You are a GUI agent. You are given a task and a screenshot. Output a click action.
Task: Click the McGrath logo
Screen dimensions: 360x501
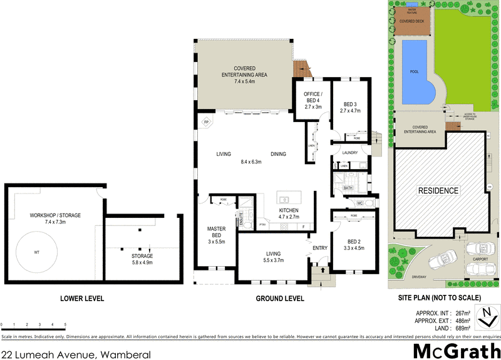(457, 349)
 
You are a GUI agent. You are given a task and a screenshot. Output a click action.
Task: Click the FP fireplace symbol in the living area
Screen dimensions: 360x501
(205, 122)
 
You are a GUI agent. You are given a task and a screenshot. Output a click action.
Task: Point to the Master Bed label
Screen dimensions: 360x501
(216, 233)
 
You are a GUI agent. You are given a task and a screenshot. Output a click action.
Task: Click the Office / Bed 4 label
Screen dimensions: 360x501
(312, 100)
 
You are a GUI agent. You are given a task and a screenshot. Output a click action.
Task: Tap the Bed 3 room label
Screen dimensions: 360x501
(350, 107)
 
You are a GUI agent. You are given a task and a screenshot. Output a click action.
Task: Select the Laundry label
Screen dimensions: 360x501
(349, 152)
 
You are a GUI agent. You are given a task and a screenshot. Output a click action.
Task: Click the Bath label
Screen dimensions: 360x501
(348, 188)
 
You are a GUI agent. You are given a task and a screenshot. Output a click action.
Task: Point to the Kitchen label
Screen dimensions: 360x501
(289, 213)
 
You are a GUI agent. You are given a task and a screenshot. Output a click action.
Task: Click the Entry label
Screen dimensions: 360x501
(320, 249)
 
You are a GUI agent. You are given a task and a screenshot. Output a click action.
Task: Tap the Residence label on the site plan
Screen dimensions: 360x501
(438, 190)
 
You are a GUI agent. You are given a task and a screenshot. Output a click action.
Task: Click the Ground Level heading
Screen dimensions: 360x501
(281, 298)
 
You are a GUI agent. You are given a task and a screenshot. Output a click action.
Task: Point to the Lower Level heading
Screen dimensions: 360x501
(83, 298)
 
